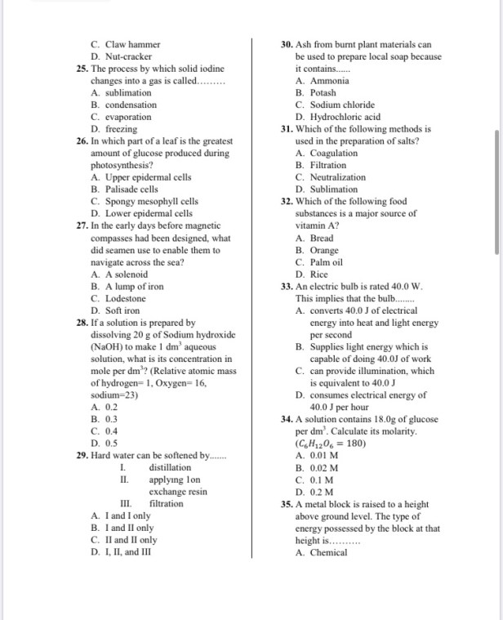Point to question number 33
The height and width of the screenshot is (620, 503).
click(x=287, y=287)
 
